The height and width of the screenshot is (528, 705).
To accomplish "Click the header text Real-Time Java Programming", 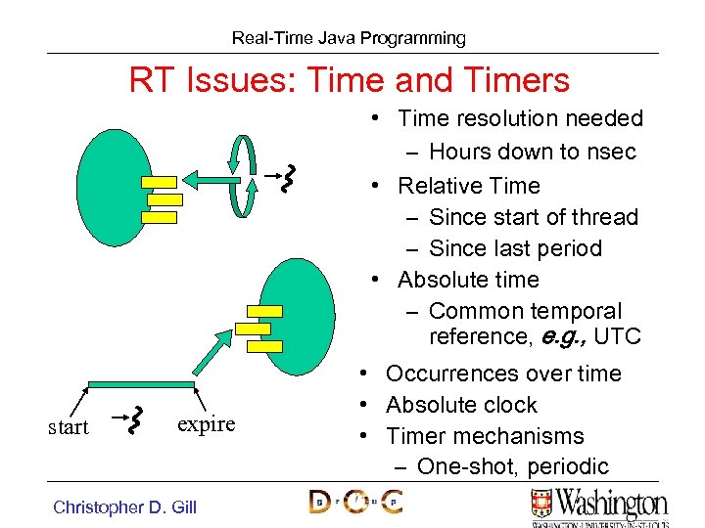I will click(349, 38).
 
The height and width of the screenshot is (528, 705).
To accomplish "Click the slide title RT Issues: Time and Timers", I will click(349, 79).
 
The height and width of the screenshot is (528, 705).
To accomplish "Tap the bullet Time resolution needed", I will click(520, 119).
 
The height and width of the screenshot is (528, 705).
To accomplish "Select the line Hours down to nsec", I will click(533, 152).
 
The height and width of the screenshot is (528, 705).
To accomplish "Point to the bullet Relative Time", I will click(468, 186).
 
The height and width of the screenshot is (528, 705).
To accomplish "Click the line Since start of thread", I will click(534, 217).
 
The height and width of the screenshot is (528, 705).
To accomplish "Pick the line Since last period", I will click(515, 248).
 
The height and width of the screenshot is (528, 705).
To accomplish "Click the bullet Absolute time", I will click(468, 280).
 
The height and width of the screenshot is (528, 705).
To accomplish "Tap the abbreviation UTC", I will click(617, 337).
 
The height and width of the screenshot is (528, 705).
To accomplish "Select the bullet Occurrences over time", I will click(503, 374).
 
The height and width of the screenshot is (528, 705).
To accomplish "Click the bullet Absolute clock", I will click(461, 405).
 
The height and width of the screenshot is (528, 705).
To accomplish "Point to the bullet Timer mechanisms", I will click(485, 436).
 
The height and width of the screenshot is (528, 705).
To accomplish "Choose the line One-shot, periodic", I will click(512, 466).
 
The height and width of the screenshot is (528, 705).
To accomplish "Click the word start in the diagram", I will click(69, 427).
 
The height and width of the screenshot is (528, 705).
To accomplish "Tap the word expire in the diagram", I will click(206, 424).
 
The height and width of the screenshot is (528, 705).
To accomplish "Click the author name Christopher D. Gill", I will click(124, 506).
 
